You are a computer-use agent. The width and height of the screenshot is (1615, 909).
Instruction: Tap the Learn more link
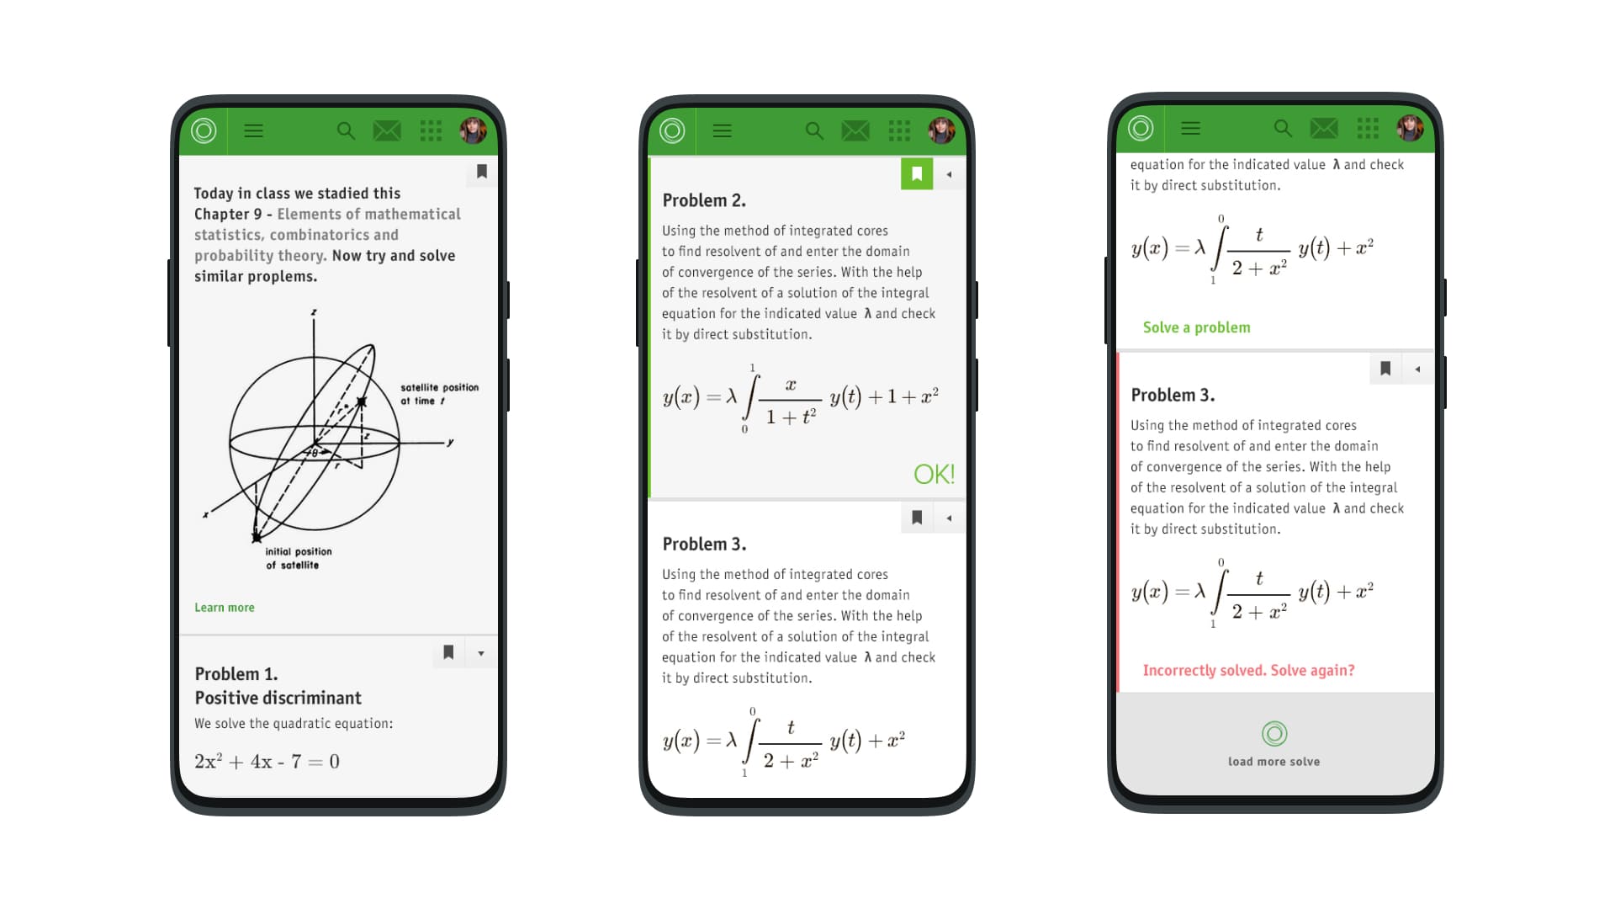(x=224, y=608)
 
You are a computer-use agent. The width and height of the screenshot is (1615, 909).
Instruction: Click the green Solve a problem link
(x=1196, y=327)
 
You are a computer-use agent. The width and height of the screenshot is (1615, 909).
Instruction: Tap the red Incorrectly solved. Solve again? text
(x=1248, y=671)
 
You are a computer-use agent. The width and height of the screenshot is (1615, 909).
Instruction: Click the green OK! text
(x=934, y=475)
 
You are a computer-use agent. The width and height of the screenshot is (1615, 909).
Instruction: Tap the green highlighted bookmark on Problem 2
(x=917, y=174)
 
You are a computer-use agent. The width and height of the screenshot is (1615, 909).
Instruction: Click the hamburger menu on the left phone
(x=253, y=130)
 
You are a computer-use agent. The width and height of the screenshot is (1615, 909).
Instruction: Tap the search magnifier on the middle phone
(x=814, y=130)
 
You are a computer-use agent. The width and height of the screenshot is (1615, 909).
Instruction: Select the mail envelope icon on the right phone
(x=1323, y=128)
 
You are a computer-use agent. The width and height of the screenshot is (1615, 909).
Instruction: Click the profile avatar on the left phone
(x=473, y=130)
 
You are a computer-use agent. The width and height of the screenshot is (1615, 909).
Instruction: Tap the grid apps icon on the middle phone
(x=899, y=130)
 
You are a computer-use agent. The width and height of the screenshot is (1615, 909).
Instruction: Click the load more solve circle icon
(x=1274, y=734)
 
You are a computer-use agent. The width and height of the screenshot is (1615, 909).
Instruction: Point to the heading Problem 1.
(x=236, y=674)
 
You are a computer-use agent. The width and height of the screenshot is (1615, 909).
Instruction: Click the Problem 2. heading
(x=704, y=200)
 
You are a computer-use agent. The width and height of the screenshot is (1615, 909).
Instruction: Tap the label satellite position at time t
(x=439, y=394)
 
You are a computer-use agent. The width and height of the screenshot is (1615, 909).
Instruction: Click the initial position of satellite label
(x=298, y=558)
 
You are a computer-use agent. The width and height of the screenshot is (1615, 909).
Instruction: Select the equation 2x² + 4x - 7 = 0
(x=267, y=762)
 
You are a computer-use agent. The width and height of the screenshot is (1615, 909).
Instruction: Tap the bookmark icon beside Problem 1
(x=448, y=652)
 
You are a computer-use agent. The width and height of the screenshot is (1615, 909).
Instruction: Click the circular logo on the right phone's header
(x=1141, y=128)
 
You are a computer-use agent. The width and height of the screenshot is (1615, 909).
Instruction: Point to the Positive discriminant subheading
(x=278, y=698)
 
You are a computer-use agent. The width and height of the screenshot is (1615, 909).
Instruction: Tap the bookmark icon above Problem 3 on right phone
(x=1385, y=369)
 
